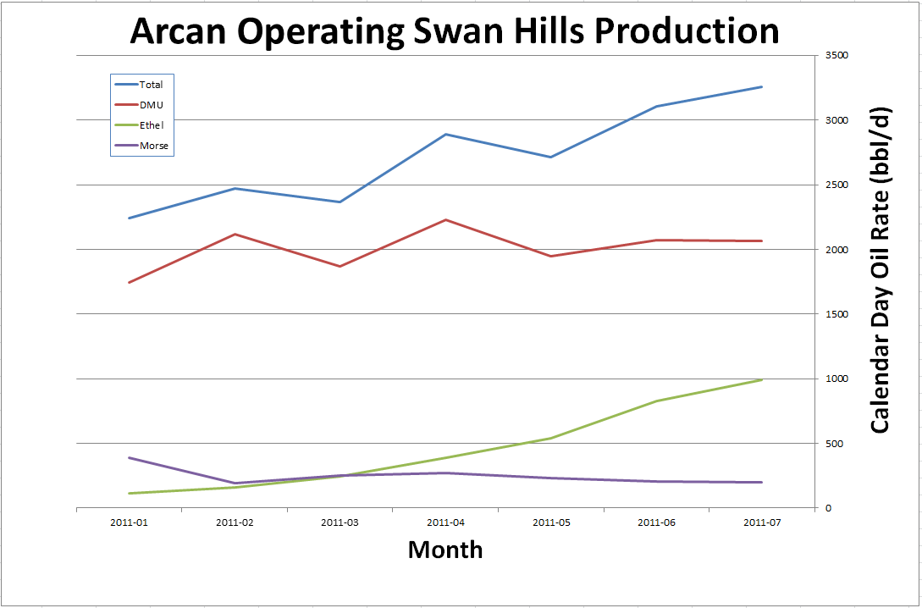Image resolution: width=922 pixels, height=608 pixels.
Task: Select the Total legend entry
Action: [151, 85]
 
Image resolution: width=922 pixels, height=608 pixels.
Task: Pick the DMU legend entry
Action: [151, 105]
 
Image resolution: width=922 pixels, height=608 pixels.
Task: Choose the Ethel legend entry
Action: [152, 125]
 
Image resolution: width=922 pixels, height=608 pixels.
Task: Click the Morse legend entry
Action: [154, 146]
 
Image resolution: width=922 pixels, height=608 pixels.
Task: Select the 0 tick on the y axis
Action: [828, 508]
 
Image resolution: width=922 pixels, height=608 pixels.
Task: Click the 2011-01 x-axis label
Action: [129, 522]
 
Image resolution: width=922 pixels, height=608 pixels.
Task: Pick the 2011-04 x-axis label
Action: [445, 522]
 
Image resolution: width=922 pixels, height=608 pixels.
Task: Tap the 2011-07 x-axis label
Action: [762, 522]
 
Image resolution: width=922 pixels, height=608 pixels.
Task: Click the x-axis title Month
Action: [445, 550]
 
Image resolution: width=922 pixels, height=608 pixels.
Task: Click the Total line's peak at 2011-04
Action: [445, 134]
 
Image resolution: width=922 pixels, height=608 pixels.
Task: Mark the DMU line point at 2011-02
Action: [235, 234]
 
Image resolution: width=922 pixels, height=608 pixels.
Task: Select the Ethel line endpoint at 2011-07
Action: [762, 379]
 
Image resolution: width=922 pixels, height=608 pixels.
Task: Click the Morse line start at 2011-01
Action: [129, 457]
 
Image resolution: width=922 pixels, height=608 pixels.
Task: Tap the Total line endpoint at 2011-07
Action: [762, 86]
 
